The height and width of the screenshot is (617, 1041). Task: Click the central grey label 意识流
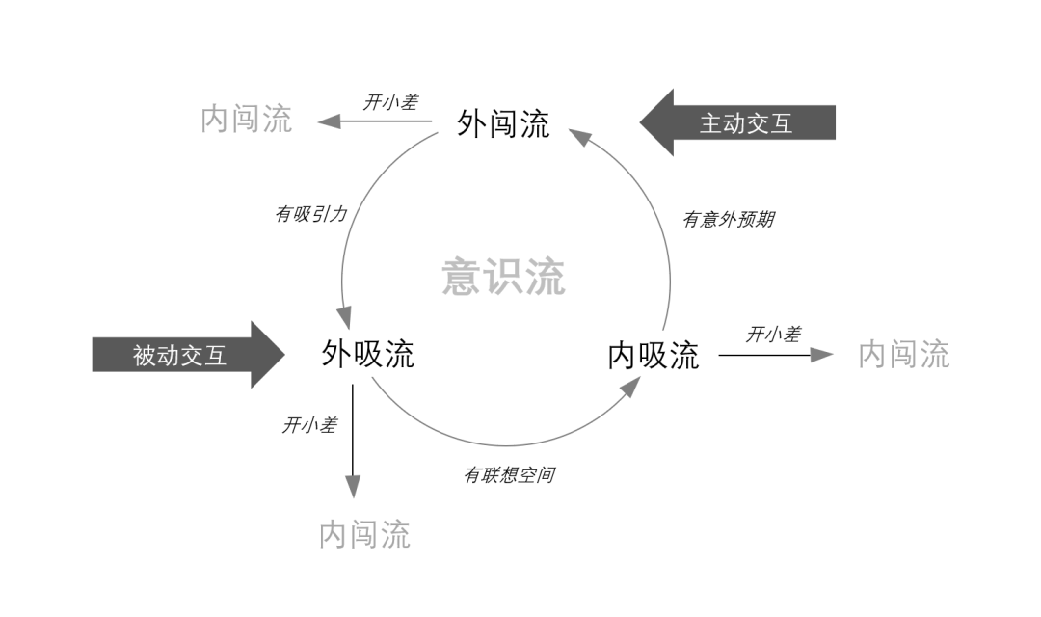tap(503, 277)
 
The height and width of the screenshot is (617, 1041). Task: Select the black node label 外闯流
tap(503, 123)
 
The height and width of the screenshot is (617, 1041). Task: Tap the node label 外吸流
tap(367, 354)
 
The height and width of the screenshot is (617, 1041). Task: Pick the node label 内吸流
tap(653, 355)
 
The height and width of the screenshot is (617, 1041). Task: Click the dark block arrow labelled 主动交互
tap(738, 123)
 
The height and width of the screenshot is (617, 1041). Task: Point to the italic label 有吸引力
tap(310, 214)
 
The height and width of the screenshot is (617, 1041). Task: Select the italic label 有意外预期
tap(728, 219)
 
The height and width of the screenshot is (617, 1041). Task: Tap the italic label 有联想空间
tap(508, 474)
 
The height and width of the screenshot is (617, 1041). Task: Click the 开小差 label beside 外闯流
tap(390, 102)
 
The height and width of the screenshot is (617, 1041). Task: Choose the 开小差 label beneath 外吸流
tap(309, 424)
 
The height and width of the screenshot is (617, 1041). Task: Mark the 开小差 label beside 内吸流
tap(772, 334)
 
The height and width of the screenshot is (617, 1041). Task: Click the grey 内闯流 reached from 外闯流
tap(246, 120)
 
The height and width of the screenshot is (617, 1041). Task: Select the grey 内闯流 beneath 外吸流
tap(364, 533)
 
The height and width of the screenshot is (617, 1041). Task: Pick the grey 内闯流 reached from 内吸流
tap(903, 354)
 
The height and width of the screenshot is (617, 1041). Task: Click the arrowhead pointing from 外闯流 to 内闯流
tap(329, 121)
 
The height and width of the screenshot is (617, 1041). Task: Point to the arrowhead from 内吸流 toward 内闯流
tap(821, 355)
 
